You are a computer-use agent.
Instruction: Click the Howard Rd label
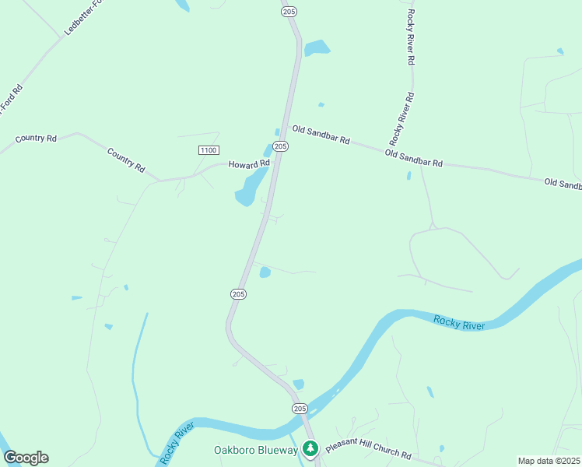click(248, 164)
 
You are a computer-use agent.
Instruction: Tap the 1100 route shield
click(209, 149)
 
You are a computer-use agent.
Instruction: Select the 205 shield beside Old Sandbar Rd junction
click(282, 146)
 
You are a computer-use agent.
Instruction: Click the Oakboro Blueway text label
click(256, 450)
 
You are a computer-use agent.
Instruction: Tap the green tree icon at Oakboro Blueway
click(310, 448)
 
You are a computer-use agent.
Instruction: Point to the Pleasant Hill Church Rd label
click(367, 451)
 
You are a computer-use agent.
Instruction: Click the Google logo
click(26, 458)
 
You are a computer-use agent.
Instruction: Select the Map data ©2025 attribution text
click(549, 461)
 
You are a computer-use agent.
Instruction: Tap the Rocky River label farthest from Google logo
click(459, 321)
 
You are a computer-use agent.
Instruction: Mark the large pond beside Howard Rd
click(249, 187)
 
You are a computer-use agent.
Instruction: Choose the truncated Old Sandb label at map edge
click(563, 184)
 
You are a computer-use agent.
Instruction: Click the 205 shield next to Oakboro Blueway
click(300, 409)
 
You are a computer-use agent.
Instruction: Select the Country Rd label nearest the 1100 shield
click(126, 160)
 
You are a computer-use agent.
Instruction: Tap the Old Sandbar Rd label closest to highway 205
click(321, 135)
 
